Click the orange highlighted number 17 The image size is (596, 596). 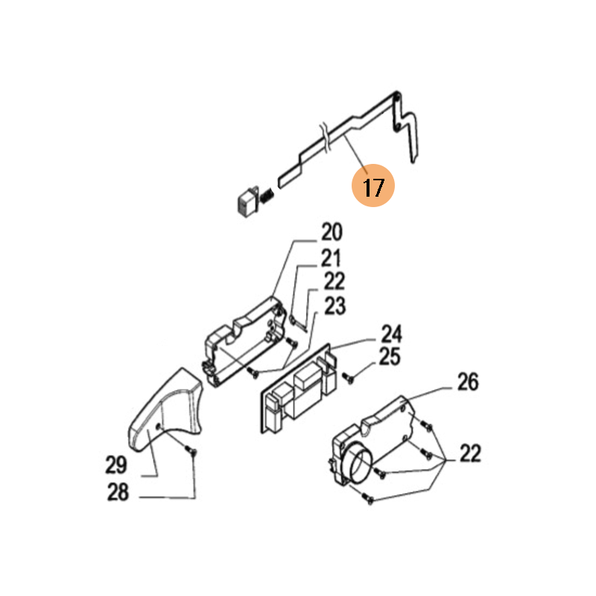tap(373, 186)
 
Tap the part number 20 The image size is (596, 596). tap(332, 232)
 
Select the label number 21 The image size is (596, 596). tap(331, 259)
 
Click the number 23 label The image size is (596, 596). tap(335, 306)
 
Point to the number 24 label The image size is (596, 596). tap(391, 334)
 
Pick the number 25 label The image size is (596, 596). tap(390, 357)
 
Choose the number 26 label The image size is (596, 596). tap(468, 382)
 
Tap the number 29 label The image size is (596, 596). tap(116, 465)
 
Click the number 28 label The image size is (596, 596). tap(118, 492)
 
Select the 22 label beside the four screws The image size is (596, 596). tap(471, 453)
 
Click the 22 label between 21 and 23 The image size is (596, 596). tap(334, 282)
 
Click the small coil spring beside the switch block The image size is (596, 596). tap(267, 196)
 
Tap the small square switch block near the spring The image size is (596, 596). tap(248, 202)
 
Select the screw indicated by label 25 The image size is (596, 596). tap(348, 378)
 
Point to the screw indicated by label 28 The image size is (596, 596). tap(191, 451)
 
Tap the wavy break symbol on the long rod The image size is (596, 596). tap(325, 137)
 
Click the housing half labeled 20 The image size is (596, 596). tap(244, 341)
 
